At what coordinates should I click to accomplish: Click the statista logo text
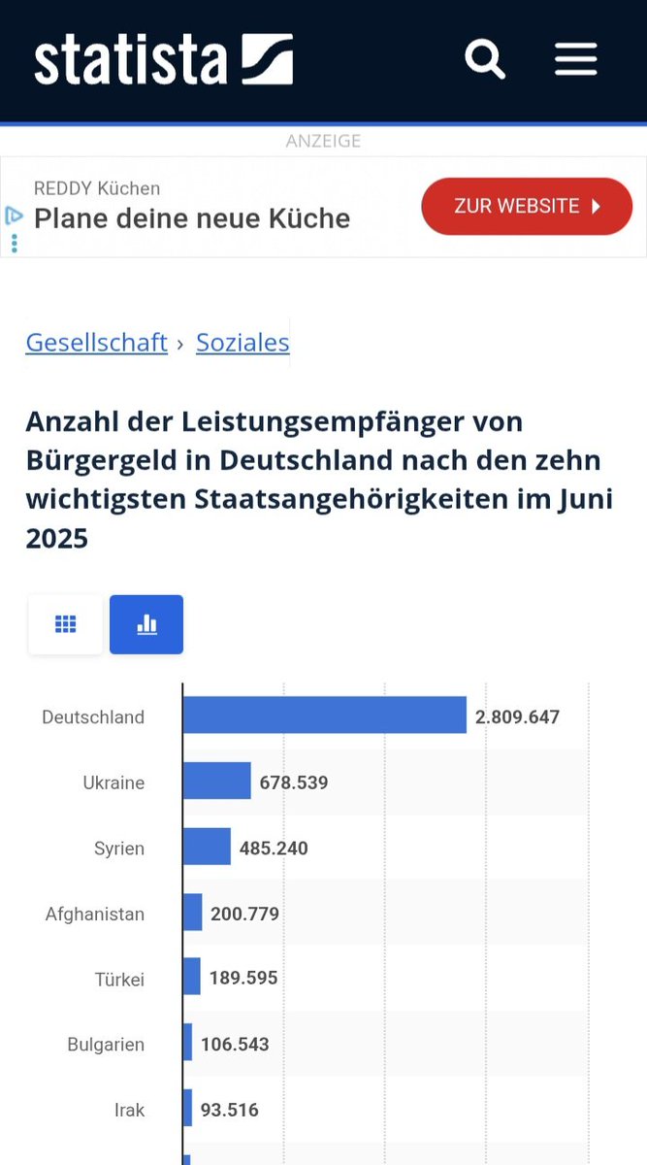[130, 60]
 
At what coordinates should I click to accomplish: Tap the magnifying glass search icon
[484, 59]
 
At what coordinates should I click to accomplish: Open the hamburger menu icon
[575, 59]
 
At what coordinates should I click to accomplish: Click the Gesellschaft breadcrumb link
[97, 343]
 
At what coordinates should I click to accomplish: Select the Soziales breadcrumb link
[243, 343]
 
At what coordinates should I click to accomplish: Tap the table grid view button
[65, 624]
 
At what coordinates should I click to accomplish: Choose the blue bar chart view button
[146, 624]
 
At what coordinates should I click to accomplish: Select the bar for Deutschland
[324, 716]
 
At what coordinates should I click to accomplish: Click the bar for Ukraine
[216, 782]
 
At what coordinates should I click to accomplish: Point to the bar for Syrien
[207, 848]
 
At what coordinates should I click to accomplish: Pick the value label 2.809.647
[517, 717]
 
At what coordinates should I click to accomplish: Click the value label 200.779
[244, 914]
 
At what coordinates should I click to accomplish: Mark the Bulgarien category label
[106, 1045]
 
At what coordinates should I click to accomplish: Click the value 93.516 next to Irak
[229, 1110]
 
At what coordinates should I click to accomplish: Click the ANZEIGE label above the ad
[323, 141]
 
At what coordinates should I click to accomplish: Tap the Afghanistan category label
[95, 914]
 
